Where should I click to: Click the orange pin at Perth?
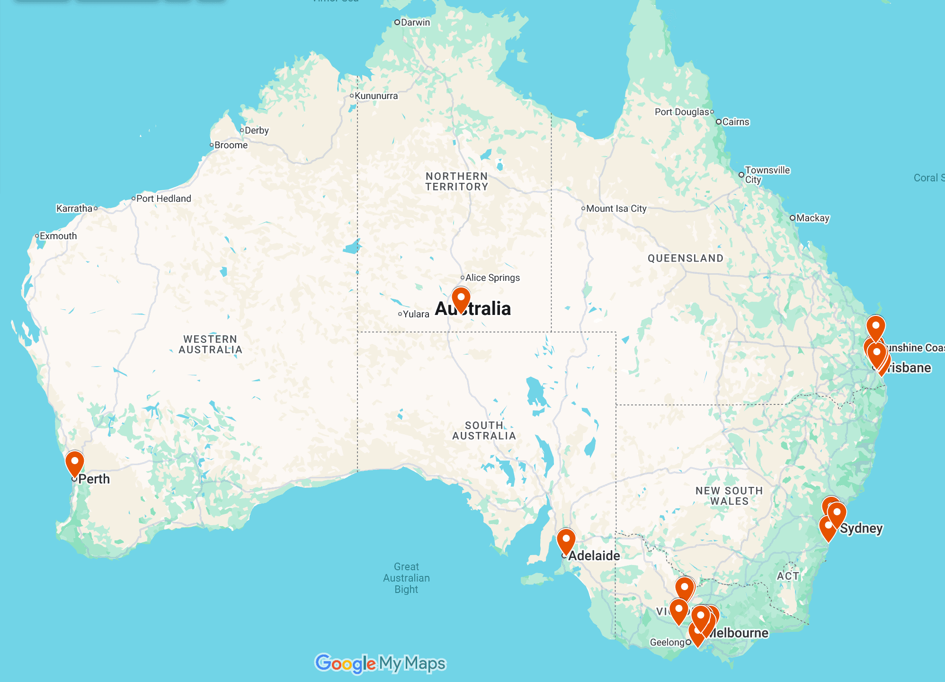coord(75,462)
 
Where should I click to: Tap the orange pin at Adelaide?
coord(566,540)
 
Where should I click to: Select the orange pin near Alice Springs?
coord(461,298)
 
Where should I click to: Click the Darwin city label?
coord(415,22)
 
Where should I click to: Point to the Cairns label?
coord(735,122)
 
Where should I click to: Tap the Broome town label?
coord(231,145)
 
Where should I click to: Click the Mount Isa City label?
coord(616,208)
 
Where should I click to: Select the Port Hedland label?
coord(163,198)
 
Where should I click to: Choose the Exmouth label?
coord(58,236)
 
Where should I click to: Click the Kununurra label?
coord(376,96)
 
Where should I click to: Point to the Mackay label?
coord(812,218)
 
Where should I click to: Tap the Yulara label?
coord(416,314)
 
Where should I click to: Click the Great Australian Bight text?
coord(406,578)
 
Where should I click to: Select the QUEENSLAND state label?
coord(685,258)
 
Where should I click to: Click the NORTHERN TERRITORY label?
coord(456,181)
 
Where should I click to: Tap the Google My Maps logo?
coord(380,664)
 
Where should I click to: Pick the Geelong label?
coord(667,642)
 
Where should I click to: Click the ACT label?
coord(788,576)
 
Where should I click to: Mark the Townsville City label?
coord(767,175)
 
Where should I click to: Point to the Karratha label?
coord(74,208)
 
